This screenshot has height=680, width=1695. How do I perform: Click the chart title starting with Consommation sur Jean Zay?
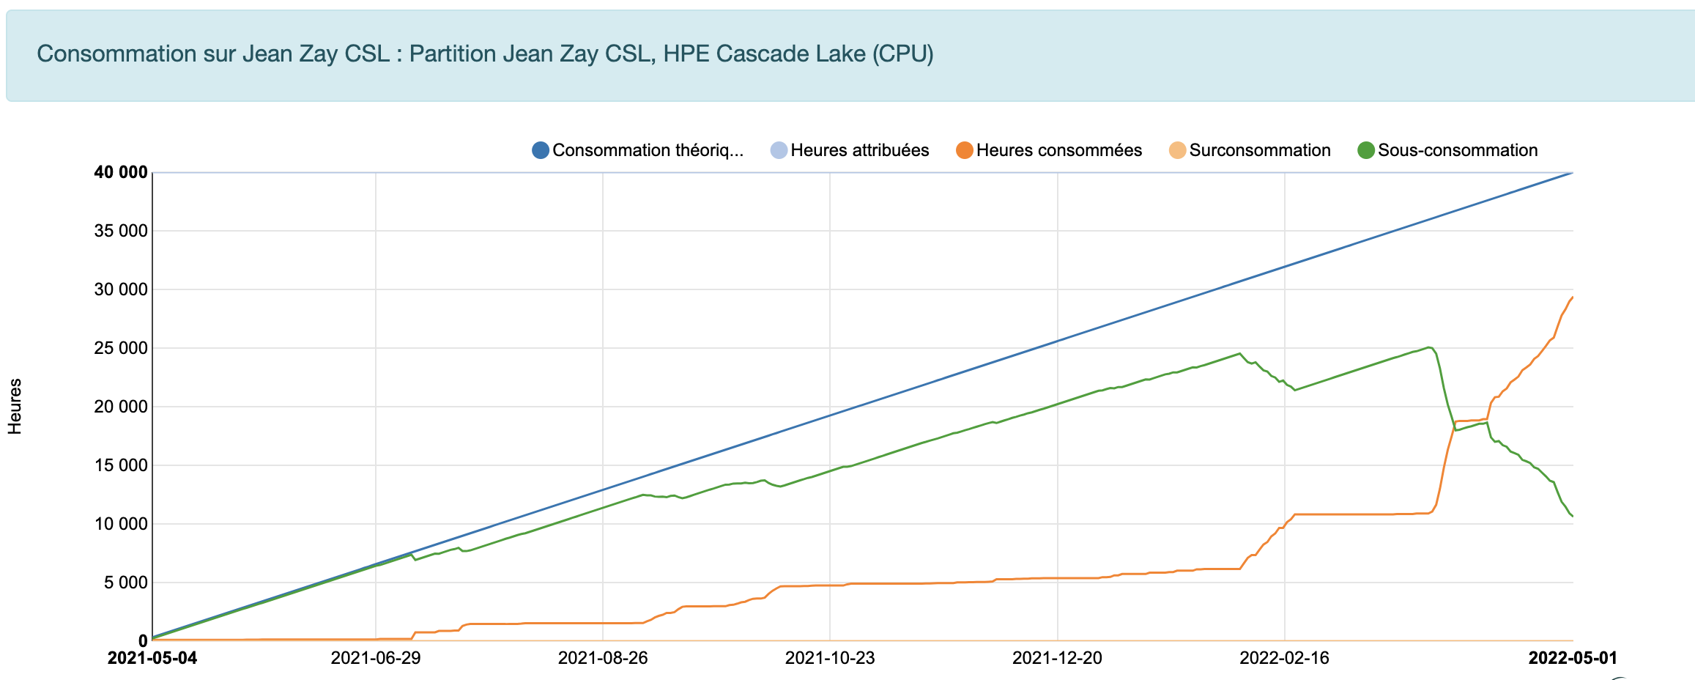pos(485,53)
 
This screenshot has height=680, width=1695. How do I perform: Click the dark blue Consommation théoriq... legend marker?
pos(541,150)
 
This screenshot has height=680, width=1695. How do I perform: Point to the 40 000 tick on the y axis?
pos(121,172)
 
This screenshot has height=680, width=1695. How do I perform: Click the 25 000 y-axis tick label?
pos(121,348)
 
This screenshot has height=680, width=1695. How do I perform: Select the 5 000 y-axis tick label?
pos(125,583)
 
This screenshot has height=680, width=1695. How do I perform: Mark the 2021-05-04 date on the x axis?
pos(152,658)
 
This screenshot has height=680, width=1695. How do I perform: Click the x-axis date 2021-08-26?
pos(603,658)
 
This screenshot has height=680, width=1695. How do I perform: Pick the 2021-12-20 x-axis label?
pos(1057,658)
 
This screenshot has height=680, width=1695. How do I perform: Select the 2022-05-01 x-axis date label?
pos(1573,658)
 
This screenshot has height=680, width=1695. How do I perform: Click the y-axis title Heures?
pos(15,407)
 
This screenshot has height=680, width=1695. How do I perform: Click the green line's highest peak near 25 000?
pos(1428,347)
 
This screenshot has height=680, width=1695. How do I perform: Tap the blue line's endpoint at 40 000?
pos(1572,173)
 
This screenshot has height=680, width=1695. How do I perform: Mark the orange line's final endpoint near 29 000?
pos(1573,297)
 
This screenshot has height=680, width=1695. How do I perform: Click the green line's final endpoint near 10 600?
pos(1573,517)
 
